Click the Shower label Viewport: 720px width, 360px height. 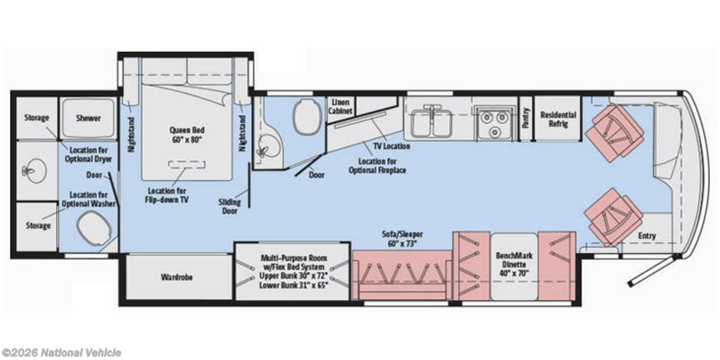click(88, 118)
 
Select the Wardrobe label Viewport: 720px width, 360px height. click(176, 277)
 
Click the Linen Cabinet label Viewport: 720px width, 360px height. click(341, 107)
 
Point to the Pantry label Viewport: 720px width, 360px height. click(526, 117)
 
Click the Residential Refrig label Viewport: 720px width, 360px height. click(558, 119)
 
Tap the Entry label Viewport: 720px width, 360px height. click(647, 236)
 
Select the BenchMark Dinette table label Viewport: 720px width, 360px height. click(514, 264)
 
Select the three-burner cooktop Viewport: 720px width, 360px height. click(494, 122)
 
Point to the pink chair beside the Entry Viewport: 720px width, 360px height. click(612, 217)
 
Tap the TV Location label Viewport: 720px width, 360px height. click(392, 146)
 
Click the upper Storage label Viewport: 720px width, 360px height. click(37, 117)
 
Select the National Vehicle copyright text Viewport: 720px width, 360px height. click(61, 353)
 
